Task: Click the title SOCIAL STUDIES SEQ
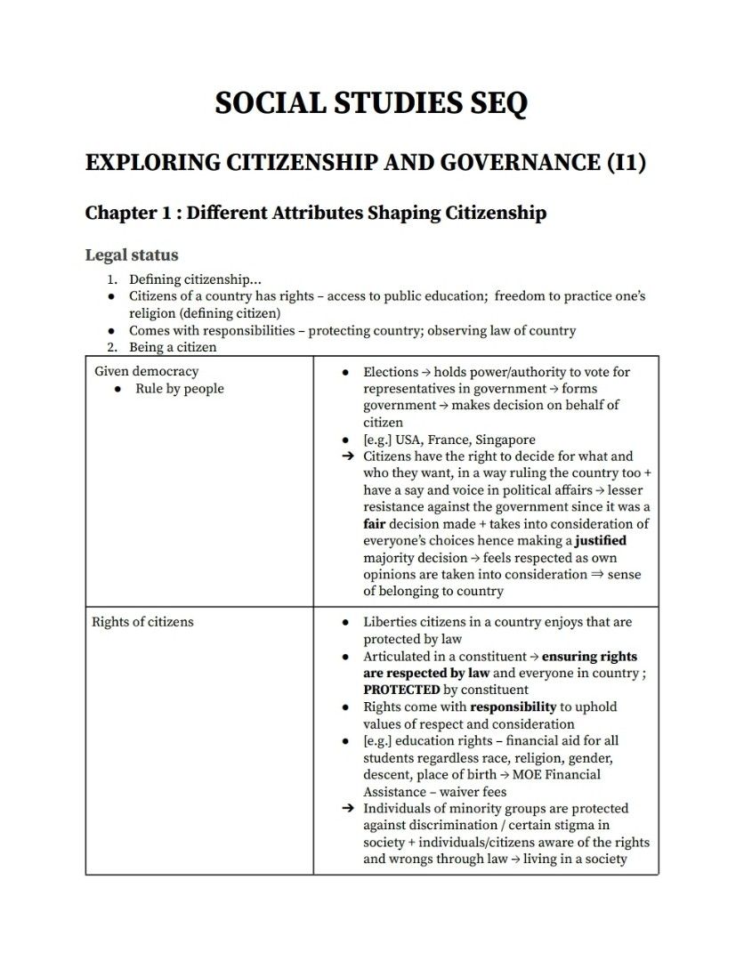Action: pos(371,103)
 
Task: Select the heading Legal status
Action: pos(132,255)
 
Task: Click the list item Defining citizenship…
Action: pos(195,280)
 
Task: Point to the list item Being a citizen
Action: pos(173,347)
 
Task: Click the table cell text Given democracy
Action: pos(146,372)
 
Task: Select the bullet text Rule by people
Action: pos(180,389)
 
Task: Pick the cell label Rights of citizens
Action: pos(142,622)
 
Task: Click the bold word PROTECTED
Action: pos(401,690)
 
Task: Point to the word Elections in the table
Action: pos(390,372)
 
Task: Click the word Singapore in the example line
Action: pos(505,440)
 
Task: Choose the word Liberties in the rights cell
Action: pos(391,622)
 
